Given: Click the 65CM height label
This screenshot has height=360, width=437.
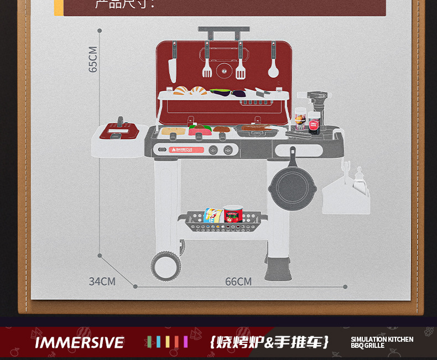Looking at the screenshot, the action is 93,59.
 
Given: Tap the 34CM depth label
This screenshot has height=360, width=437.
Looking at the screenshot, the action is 102,281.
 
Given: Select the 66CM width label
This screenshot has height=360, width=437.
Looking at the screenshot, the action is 238,282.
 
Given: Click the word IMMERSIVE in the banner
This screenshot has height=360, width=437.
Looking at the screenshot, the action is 80,342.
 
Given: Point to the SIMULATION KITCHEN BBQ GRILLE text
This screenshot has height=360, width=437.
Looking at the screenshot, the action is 382,342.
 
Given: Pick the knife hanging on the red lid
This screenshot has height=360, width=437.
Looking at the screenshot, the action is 173,66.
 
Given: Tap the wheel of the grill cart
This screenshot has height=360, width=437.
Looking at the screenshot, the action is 165,265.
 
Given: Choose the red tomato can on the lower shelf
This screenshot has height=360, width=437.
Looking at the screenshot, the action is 233,214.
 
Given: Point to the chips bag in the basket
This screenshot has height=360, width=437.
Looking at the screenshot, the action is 211,216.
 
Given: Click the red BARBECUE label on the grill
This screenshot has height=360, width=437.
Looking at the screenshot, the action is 186,149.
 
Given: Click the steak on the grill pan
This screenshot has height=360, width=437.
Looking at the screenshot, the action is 258,129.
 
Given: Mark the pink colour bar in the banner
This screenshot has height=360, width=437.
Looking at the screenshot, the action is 185,342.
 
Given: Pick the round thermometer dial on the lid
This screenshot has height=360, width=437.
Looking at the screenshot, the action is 224,69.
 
